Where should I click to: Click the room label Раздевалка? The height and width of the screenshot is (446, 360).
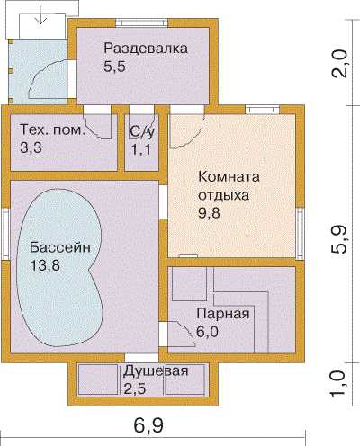tap(146, 49)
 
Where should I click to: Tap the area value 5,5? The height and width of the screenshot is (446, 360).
tap(114, 67)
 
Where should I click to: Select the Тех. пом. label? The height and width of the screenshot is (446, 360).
tap(51, 130)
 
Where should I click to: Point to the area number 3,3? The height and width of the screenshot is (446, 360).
tap(31, 147)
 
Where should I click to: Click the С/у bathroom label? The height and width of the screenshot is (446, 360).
tap(142, 131)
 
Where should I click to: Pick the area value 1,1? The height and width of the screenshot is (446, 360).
tap(141, 149)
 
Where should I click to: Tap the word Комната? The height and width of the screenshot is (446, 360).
tap(229, 176)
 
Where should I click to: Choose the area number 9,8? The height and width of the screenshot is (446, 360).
tap(209, 213)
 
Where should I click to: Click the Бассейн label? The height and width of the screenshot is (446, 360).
tap(60, 247)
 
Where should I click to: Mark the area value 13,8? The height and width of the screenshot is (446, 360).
tap(45, 265)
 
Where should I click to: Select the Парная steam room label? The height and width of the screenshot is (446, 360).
tap(223, 314)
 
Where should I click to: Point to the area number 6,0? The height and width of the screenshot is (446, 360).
tap(207, 332)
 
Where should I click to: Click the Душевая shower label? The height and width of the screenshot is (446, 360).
tap(156, 371)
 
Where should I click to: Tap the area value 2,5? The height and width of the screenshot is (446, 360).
tap(135, 388)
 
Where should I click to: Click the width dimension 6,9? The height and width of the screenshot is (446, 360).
tap(148, 425)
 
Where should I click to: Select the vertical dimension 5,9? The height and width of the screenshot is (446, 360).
tap(339, 239)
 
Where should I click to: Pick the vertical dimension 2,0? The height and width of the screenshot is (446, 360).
tap(339, 64)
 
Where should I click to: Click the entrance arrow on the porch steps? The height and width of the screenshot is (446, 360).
tap(40, 19)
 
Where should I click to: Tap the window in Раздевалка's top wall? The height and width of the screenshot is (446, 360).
tap(141, 22)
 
